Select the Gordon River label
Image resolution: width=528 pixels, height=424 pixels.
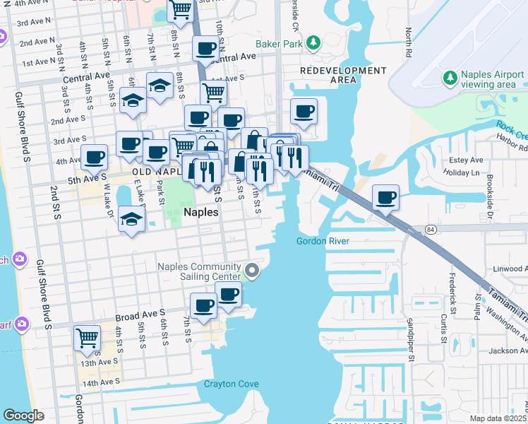tap(323, 241)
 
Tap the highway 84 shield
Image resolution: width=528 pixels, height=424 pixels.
tap(431, 230)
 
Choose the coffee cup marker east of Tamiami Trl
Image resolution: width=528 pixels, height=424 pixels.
tap(385, 198)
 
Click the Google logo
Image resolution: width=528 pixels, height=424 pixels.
tap(23, 416)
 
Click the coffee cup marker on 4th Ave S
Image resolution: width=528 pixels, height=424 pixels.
tap(94, 158)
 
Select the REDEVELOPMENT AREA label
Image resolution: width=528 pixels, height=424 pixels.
tap(343, 75)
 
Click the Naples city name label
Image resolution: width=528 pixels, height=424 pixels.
tap(200, 211)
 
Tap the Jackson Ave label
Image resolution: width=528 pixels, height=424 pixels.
tap(508, 351)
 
